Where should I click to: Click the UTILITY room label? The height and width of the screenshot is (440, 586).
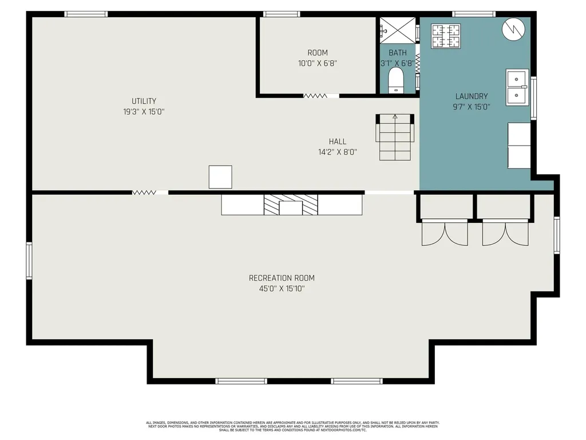(x=144, y=101)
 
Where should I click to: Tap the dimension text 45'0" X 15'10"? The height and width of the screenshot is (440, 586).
(x=282, y=289)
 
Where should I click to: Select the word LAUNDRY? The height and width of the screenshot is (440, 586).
(x=472, y=96)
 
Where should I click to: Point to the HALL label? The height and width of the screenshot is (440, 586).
(x=338, y=142)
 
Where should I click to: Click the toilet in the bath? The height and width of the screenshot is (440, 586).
(x=396, y=80)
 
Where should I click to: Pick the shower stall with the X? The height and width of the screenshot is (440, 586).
(x=398, y=30)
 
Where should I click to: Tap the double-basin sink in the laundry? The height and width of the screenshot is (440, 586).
(x=517, y=87)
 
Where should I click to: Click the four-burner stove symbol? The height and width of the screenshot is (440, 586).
(x=446, y=36)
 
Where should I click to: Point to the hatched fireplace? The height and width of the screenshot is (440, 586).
(x=291, y=205)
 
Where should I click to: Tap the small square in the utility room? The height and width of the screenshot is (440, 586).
(x=220, y=177)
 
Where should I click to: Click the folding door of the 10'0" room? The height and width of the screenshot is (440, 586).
(x=315, y=96)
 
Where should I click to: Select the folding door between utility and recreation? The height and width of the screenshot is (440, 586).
(x=144, y=192)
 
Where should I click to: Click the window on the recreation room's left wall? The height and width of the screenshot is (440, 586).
(x=29, y=261)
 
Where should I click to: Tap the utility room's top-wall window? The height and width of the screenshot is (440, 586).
(x=86, y=14)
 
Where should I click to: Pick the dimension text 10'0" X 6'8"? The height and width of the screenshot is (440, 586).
(x=318, y=63)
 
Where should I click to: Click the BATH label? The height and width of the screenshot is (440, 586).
(x=398, y=53)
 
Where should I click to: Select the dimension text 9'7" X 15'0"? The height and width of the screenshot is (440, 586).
(x=472, y=107)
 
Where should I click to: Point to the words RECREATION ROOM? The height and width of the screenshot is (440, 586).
(x=282, y=278)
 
